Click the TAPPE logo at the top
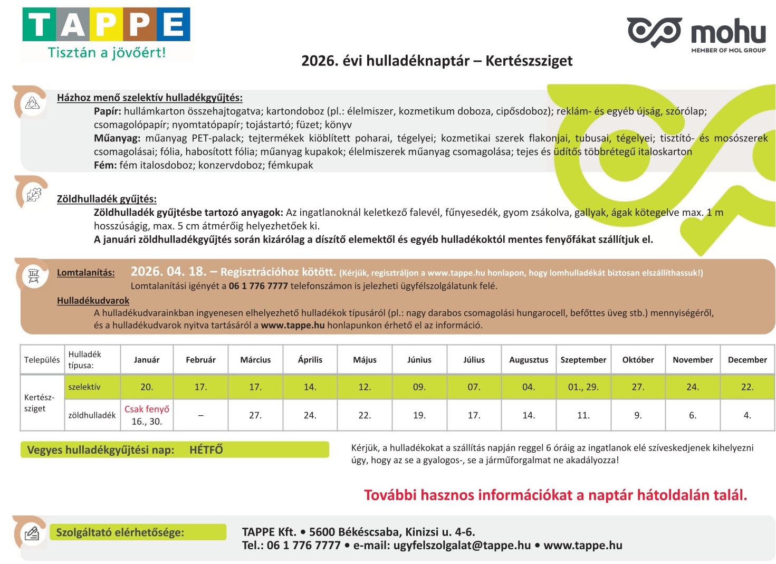(x=106, y=25)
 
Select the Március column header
(x=255, y=360)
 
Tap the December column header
(x=747, y=360)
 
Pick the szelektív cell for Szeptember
(x=583, y=387)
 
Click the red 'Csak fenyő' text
(x=147, y=409)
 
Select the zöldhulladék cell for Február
(x=200, y=415)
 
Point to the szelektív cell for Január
(x=147, y=387)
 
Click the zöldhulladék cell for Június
(x=419, y=415)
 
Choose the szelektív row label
(x=84, y=387)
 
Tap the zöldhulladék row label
(x=92, y=415)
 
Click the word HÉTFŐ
(x=206, y=450)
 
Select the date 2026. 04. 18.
(x=168, y=272)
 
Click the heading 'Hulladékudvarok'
(x=93, y=301)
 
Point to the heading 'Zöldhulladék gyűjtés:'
(x=107, y=199)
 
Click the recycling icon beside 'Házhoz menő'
(x=33, y=103)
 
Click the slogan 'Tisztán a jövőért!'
(x=107, y=53)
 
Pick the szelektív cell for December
(x=747, y=387)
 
